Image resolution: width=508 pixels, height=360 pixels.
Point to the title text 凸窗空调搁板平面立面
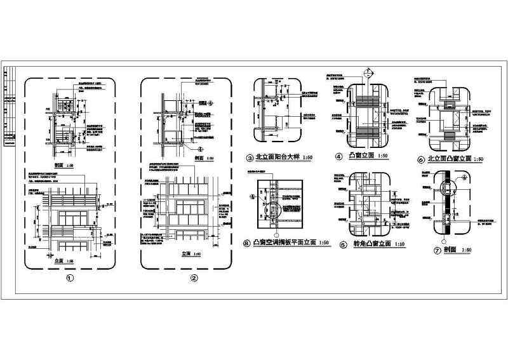click(283, 243)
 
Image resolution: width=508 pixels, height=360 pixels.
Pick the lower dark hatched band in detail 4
click(363, 131)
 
